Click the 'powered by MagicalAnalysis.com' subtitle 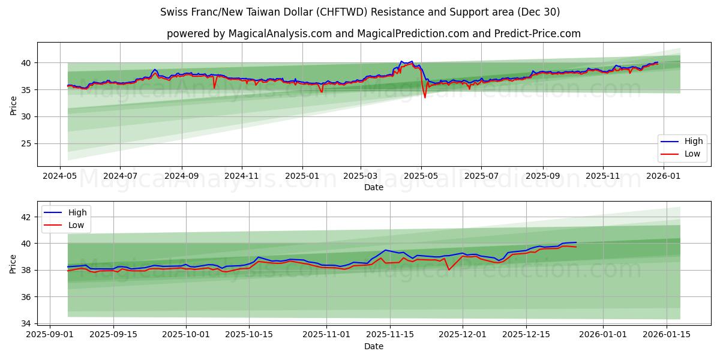(373, 34)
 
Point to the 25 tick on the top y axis (25, 143)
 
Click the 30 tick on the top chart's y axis (25, 116)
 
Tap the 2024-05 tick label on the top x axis (59, 176)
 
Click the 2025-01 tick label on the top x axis (302, 176)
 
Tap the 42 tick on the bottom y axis (25, 217)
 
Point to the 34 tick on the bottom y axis (25, 323)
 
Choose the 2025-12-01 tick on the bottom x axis (463, 334)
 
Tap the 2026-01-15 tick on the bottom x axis (667, 334)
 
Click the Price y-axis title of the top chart (13, 104)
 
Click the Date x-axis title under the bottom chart (373, 346)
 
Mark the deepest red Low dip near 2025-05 (425, 97)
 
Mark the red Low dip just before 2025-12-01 (449, 269)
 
